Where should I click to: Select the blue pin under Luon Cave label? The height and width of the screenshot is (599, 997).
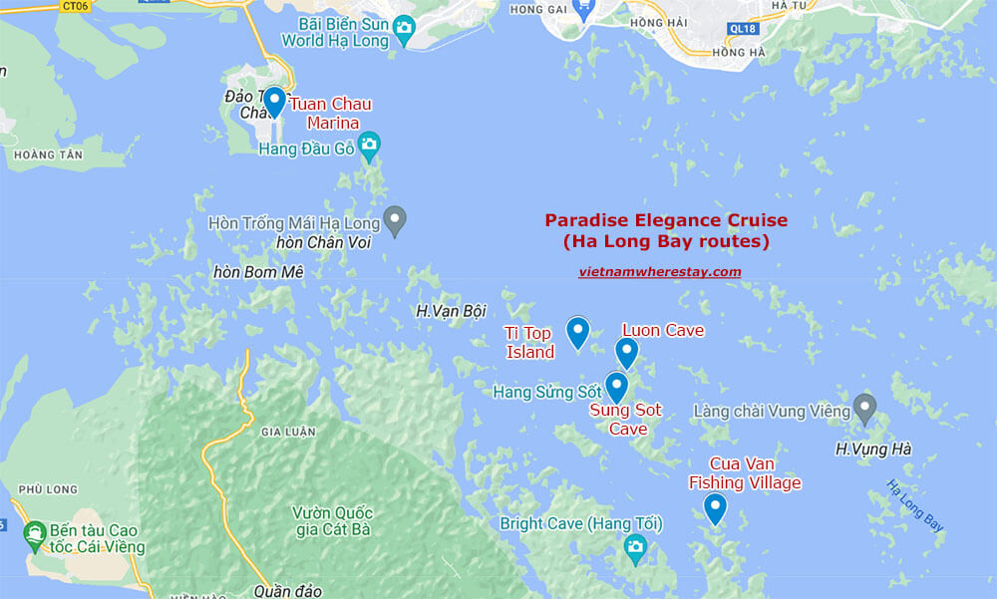coord(626,353)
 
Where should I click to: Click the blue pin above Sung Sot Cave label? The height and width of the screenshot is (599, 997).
coord(616,387)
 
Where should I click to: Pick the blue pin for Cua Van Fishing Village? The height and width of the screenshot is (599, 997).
coord(715,508)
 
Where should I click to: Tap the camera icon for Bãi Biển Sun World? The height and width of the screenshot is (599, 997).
coord(404,28)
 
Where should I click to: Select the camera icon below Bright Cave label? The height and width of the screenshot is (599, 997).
coord(635,546)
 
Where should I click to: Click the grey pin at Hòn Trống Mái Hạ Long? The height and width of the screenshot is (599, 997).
coord(395,220)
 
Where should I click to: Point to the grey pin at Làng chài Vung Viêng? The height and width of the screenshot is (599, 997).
coord(864,409)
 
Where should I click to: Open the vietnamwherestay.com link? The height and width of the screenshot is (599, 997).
coord(659,271)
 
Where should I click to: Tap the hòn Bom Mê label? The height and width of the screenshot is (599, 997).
coord(258,272)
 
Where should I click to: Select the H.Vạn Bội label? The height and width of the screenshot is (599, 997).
coord(451,311)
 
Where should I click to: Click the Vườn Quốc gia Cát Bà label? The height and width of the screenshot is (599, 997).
coord(331,520)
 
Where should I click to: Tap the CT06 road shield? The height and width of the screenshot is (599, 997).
coord(75,6)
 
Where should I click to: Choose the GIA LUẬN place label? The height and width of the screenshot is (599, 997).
coord(287,432)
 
